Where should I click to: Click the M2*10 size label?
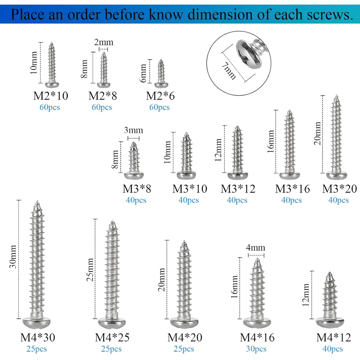(x=51, y=96)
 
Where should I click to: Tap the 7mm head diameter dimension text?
(x=229, y=71)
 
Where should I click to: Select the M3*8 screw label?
(x=137, y=189)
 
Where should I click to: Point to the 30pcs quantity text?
(x=256, y=349)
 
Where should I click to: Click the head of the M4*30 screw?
(x=36, y=322)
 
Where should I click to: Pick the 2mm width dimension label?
(x=104, y=42)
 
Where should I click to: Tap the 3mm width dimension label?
(x=133, y=130)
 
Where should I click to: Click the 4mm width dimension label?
(x=255, y=247)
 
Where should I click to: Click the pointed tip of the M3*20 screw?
(x=336, y=95)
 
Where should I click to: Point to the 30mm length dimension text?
(x=13, y=256)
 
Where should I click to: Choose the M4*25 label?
(x=112, y=337)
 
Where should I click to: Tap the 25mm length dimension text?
(x=90, y=270)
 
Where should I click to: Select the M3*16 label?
(x=292, y=189)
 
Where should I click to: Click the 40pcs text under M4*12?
(x=333, y=349)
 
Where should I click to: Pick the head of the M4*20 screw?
(x=184, y=322)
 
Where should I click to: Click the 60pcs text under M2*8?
(x=102, y=107)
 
